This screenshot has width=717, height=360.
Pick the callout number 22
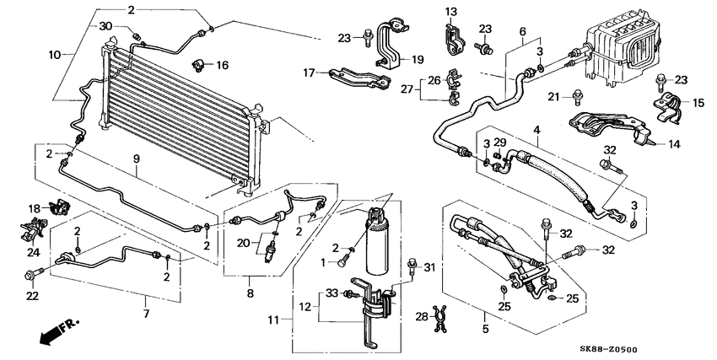click(x=33, y=295)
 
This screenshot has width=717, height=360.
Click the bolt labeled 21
click(x=577, y=95)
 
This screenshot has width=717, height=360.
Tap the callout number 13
click(x=450, y=11)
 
